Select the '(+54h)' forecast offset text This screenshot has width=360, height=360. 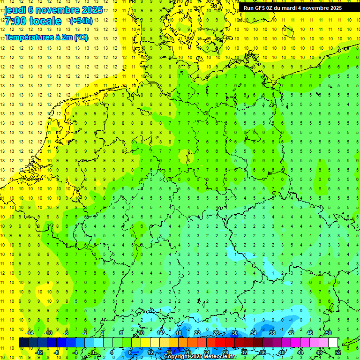pos(81,21)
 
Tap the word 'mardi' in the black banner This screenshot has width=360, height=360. pos(297,8)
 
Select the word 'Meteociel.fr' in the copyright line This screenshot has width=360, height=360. pos(220,357)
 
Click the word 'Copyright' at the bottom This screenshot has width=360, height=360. pos(179,357)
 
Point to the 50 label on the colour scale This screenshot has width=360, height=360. pos(328,333)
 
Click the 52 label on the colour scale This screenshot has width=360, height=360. pos(337,352)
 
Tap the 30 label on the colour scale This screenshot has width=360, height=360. pos(234,333)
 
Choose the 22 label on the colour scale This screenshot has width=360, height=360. pos(197,333)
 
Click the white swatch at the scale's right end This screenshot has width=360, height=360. pos(333,343)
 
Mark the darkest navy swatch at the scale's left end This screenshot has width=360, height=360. pos(23,343)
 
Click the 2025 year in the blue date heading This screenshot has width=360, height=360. pos(92,10)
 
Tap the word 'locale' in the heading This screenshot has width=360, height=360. pos(45,21)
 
